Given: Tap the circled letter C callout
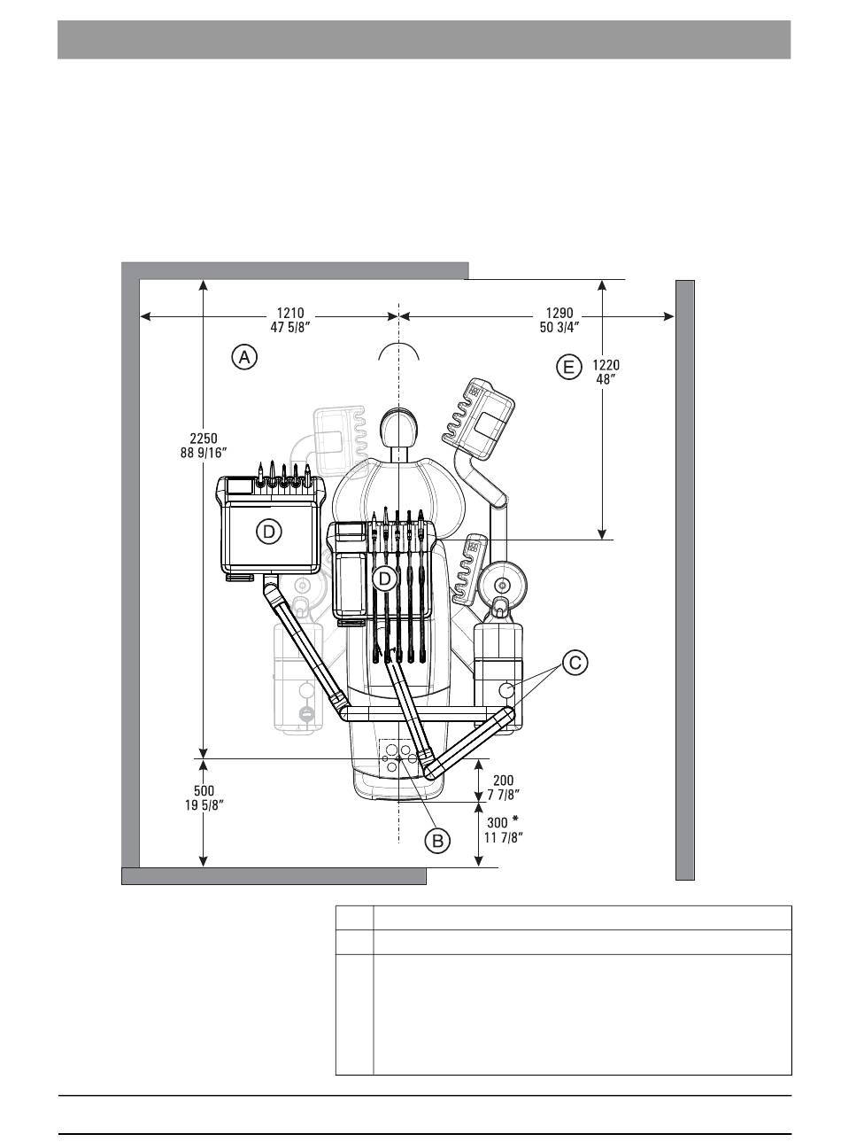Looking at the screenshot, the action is [x=575, y=663].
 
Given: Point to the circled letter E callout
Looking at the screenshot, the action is [x=568, y=367].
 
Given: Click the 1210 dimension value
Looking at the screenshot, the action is [x=289, y=313].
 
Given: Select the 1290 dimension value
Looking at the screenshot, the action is [x=559, y=313].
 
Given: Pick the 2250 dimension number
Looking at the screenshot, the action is [x=204, y=438].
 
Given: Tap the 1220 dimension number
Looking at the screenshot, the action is [x=606, y=365].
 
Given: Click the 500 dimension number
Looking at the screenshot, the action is [x=204, y=791].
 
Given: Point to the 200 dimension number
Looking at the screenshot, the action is [x=504, y=780].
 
